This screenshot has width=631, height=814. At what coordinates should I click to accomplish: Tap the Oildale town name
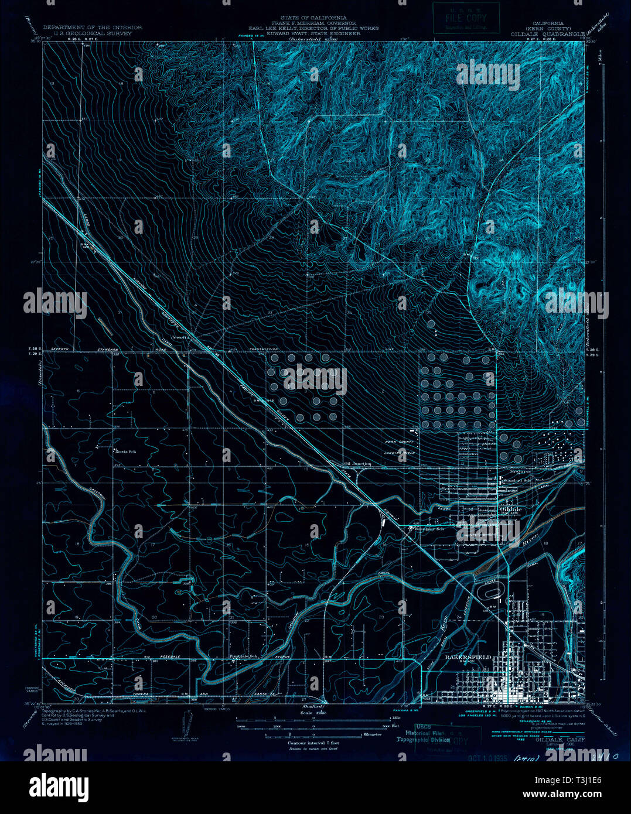click(511, 509)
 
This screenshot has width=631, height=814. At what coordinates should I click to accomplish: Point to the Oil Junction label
click(357, 464)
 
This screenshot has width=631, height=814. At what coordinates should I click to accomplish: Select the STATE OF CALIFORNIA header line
click(313, 18)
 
